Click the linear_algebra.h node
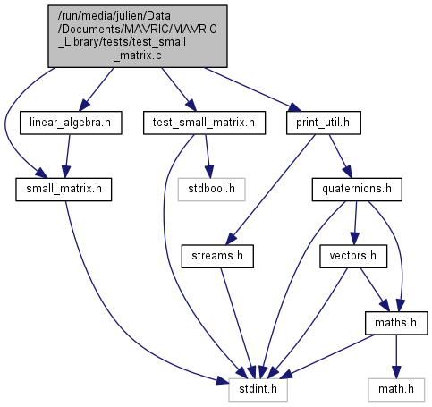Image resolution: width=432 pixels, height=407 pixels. click(x=71, y=123)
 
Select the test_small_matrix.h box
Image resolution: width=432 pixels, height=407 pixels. click(x=204, y=123)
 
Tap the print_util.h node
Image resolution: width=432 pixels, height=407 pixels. click(x=324, y=123)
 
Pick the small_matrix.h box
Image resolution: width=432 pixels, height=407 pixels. click(x=64, y=190)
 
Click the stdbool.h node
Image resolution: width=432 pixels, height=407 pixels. click(x=211, y=190)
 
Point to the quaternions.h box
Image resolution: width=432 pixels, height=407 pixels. click(x=357, y=190)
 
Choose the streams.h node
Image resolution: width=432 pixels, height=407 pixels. click(x=217, y=257)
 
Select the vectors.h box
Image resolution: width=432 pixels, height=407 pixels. click(x=353, y=257)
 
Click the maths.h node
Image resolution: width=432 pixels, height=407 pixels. click(x=396, y=323)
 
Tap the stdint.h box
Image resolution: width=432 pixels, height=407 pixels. click(x=258, y=390)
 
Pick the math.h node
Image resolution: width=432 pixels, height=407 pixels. click(x=396, y=390)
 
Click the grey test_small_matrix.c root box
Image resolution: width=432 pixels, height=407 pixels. click(x=138, y=36)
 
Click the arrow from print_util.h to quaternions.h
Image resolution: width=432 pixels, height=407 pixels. click(x=341, y=157)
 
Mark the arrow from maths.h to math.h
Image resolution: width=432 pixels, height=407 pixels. click(x=396, y=357)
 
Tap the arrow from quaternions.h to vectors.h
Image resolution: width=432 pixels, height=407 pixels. click(x=355, y=223)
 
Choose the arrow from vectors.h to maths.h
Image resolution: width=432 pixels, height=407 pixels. click(x=375, y=290)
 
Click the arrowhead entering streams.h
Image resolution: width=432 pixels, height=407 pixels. click(x=231, y=240)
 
